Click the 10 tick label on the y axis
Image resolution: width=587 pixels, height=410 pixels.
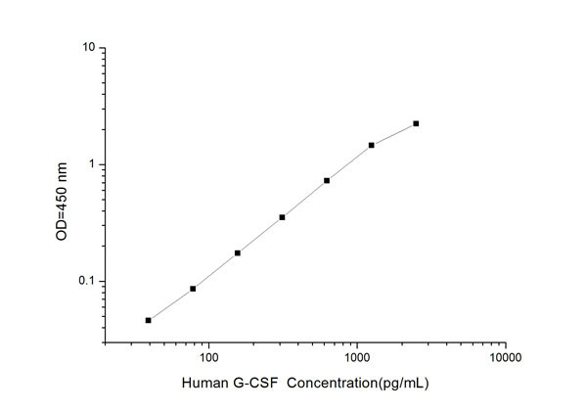click(86, 47)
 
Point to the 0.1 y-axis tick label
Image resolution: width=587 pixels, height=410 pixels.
click(85, 282)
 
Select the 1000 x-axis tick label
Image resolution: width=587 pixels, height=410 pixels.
click(357, 357)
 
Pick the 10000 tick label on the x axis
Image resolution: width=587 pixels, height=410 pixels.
click(505, 357)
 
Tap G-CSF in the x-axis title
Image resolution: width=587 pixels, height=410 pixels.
click(253, 383)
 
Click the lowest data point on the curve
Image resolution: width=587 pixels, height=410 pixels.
click(149, 320)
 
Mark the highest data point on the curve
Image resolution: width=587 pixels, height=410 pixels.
click(416, 123)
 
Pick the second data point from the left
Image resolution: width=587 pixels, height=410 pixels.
click(193, 289)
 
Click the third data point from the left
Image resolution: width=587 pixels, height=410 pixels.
click(238, 252)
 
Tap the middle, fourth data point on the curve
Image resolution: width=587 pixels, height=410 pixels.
click(282, 217)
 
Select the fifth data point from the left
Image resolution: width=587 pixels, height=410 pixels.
click(327, 180)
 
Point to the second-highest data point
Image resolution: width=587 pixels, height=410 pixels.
click(372, 145)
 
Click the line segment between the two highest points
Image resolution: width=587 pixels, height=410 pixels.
click(394, 134)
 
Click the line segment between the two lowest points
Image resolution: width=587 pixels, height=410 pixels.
click(171, 304)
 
